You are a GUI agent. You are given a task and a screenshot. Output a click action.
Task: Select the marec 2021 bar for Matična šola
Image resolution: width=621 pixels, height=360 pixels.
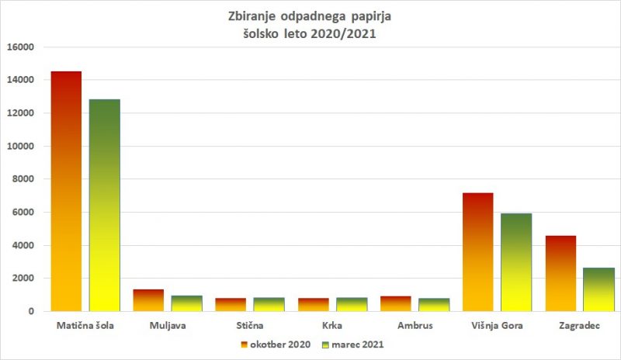[x=105, y=205]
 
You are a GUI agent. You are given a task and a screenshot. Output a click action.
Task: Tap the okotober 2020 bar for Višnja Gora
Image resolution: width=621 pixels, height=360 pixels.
[x=477, y=251]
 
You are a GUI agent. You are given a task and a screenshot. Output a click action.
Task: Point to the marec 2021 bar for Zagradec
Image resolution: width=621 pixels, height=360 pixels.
[x=598, y=289]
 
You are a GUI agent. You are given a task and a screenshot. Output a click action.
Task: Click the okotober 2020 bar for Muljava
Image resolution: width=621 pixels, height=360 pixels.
[x=148, y=300]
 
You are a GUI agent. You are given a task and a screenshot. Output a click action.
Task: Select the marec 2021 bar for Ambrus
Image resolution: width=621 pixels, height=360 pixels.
[x=434, y=305]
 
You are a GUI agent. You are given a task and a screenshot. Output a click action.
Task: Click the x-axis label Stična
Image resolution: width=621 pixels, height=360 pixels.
[x=252, y=326]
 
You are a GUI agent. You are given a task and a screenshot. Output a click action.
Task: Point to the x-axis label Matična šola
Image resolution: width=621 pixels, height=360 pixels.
[x=86, y=326]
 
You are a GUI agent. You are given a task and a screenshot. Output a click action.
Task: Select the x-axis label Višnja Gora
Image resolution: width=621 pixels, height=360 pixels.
[x=497, y=326]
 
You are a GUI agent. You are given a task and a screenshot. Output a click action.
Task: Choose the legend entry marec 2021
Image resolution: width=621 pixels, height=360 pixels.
[x=358, y=343]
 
